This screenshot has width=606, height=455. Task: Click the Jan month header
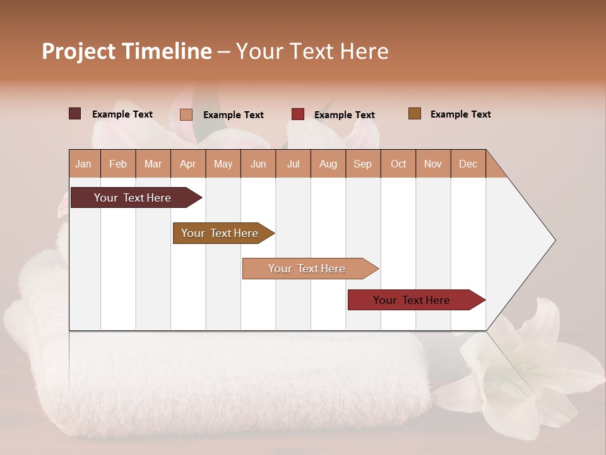pyautogui.click(x=83, y=164)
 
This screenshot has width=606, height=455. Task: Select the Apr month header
pyautogui.click(x=188, y=164)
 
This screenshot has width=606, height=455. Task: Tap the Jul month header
pyautogui.click(x=293, y=164)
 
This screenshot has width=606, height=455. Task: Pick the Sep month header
pyautogui.click(x=362, y=164)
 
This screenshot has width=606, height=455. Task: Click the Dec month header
pyautogui.click(x=468, y=164)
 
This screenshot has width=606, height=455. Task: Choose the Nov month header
pyautogui.click(x=433, y=164)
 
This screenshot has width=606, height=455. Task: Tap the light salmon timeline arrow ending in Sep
pyautogui.click(x=307, y=269)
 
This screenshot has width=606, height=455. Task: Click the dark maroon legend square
pyautogui.click(x=74, y=114)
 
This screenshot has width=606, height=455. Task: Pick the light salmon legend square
pyautogui.click(x=186, y=114)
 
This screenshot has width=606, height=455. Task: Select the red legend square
pyautogui.click(x=297, y=114)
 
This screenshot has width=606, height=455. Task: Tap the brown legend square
pyautogui.click(x=414, y=114)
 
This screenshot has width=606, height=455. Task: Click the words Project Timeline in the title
pyautogui.click(x=126, y=51)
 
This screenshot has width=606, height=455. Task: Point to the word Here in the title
pyautogui.click(x=364, y=51)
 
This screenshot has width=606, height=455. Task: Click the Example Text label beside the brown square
pyautogui.click(x=460, y=114)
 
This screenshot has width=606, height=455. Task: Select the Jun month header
pyautogui.click(x=258, y=164)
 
